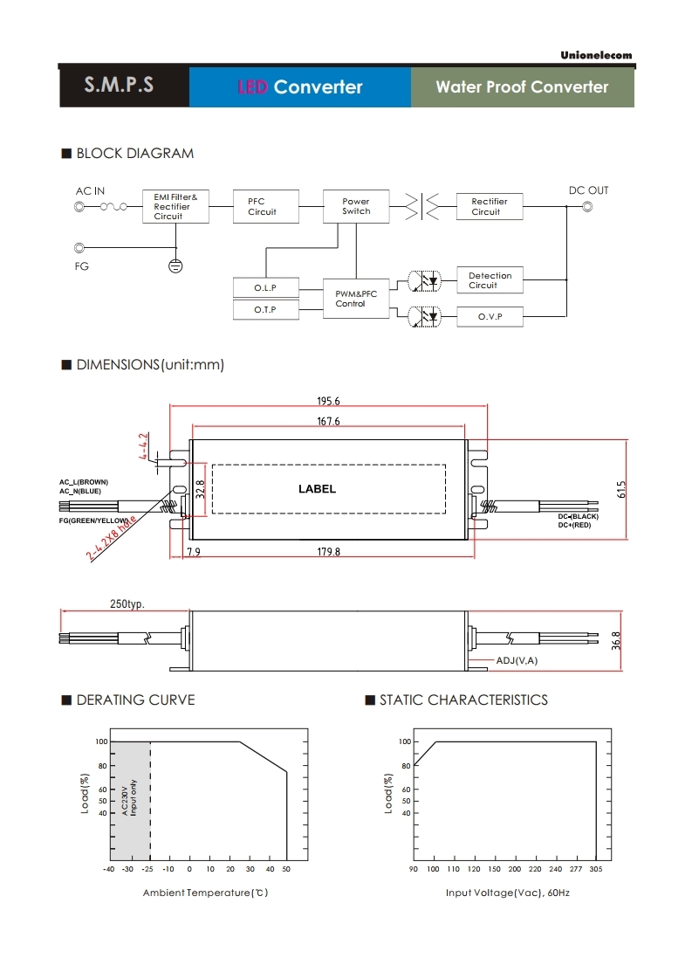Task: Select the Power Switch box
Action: point(356,206)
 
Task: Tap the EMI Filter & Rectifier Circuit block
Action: point(175,207)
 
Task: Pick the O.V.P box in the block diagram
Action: point(490,316)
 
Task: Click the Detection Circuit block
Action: point(490,280)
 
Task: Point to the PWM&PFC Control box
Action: point(356,299)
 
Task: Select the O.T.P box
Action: point(265,310)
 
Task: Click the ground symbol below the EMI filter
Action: point(175,265)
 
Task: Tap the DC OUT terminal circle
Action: point(587,207)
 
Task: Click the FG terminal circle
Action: point(80,248)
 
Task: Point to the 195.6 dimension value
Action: point(328,402)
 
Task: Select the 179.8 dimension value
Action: point(328,552)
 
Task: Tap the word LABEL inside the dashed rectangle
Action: point(317,489)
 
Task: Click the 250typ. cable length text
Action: point(127,604)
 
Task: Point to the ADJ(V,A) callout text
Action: point(517,660)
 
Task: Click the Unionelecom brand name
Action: point(596,55)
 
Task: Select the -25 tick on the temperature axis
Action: point(148,869)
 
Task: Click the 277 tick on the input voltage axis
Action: point(575,869)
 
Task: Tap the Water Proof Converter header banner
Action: point(522,87)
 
